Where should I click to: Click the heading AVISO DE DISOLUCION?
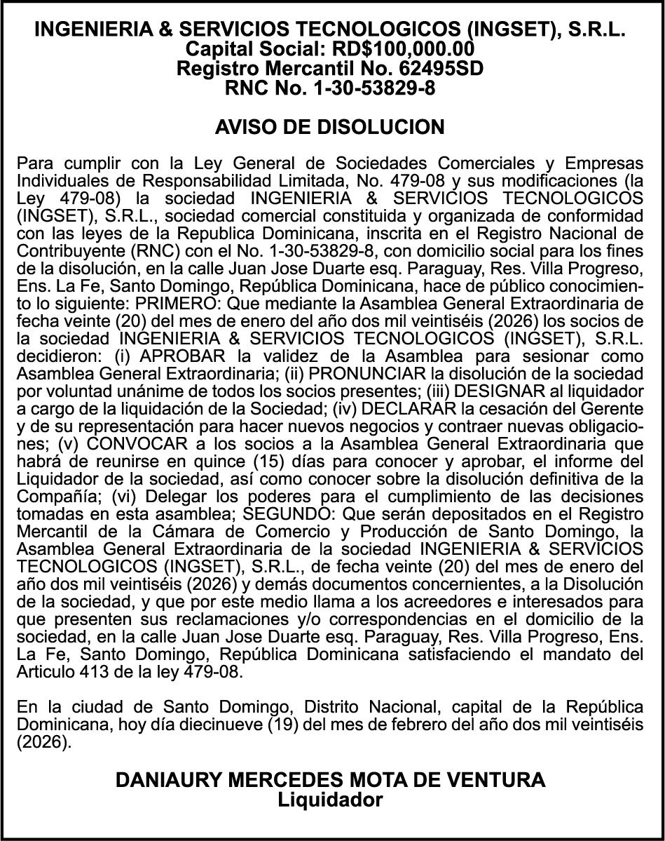point(329,127)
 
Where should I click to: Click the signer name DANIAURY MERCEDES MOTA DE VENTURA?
point(330,780)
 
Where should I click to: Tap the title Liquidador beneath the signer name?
point(330,800)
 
